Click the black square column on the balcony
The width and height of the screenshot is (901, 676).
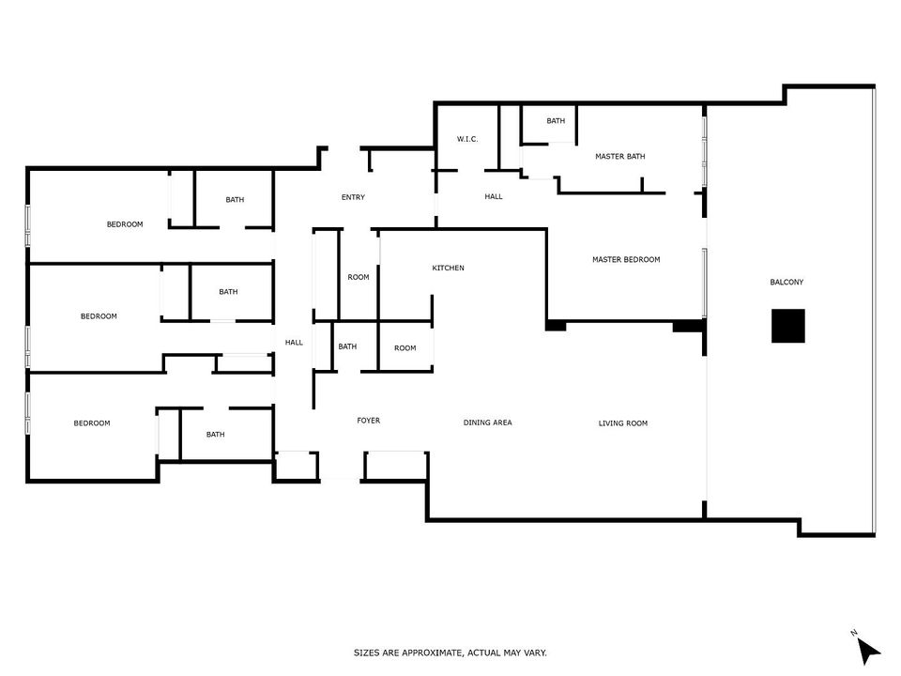(787, 326)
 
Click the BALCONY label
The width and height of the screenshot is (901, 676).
(786, 283)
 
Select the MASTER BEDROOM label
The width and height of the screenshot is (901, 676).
(626, 260)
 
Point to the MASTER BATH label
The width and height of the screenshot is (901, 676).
(620, 157)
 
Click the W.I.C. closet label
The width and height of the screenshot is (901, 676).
(467, 139)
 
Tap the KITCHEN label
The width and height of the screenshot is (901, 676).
(449, 268)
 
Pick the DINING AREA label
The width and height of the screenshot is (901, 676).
(487, 422)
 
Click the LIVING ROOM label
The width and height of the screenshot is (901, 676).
(623, 423)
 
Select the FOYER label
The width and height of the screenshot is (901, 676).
(368, 421)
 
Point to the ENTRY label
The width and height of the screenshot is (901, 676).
(353, 197)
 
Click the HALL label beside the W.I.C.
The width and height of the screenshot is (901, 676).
(494, 196)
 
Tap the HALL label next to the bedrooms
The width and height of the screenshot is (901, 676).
(294, 343)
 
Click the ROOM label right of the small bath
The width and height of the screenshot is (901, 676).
(405, 348)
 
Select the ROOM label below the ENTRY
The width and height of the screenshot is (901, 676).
(358, 277)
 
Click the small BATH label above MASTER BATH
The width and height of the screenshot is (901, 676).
(556, 121)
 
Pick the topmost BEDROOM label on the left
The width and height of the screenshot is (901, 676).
(125, 224)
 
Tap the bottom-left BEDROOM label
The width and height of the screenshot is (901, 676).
(92, 423)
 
